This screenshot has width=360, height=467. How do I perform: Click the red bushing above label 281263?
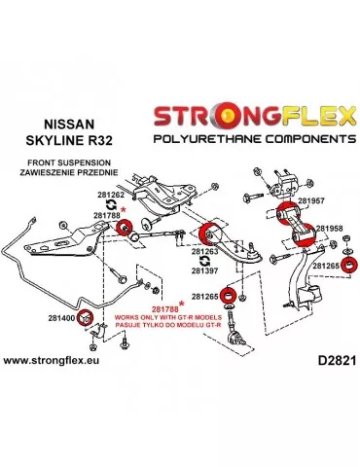(x=206, y=233)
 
